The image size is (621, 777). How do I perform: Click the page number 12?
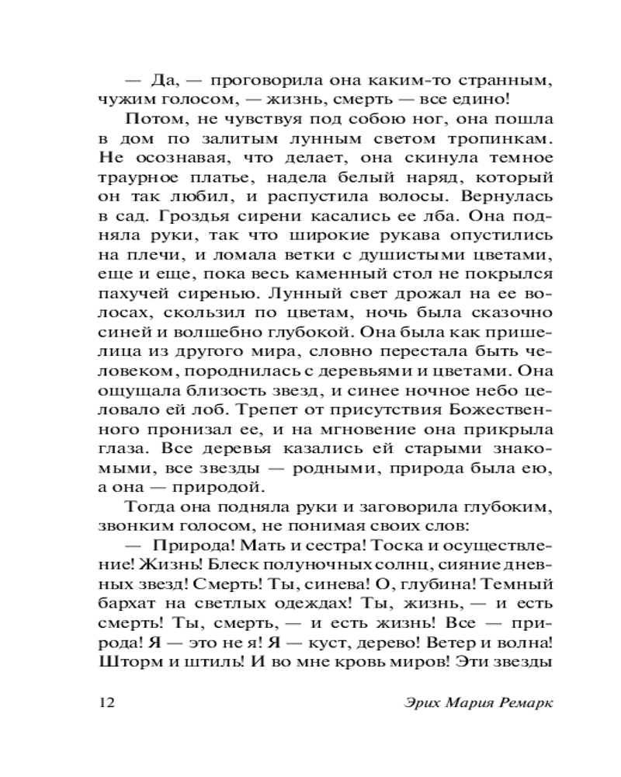(x=107, y=703)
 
